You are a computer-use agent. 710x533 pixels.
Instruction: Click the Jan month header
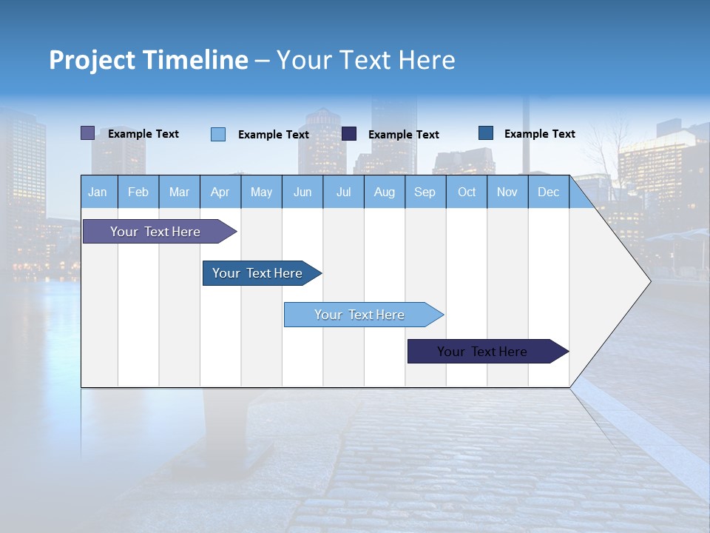(x=98, y=192)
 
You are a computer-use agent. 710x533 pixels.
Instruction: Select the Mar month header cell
(x=179, y=192)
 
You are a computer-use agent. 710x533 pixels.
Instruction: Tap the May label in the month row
(x=261, y=192)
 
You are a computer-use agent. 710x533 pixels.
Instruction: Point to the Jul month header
(x=343, y=192)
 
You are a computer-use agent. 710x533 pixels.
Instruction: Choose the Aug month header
(x=384, y=192)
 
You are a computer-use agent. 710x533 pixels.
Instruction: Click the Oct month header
(x=467, y=192)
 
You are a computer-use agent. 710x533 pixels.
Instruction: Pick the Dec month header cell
(x=548, y=192)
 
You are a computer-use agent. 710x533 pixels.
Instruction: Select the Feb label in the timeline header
(x=138, y=192)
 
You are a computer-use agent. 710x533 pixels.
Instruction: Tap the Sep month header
(x=425, y=192)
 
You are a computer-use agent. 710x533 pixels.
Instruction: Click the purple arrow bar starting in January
(x=155, y=232)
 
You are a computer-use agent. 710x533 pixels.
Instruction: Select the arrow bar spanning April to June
(x=257, y=273)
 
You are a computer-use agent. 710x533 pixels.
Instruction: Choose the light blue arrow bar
(x=359, y=315)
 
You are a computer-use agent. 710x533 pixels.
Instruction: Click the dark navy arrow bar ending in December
(x=482, y=352)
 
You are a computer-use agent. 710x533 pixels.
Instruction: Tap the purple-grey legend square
(x=88, y=133)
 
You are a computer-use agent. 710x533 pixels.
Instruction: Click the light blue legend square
(x=218, y=134)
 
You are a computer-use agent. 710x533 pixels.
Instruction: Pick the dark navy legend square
(x=349, y=133)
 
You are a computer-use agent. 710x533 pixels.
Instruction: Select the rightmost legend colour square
(x=486, y=133)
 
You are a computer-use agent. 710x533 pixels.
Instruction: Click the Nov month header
(x=507, y=192)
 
